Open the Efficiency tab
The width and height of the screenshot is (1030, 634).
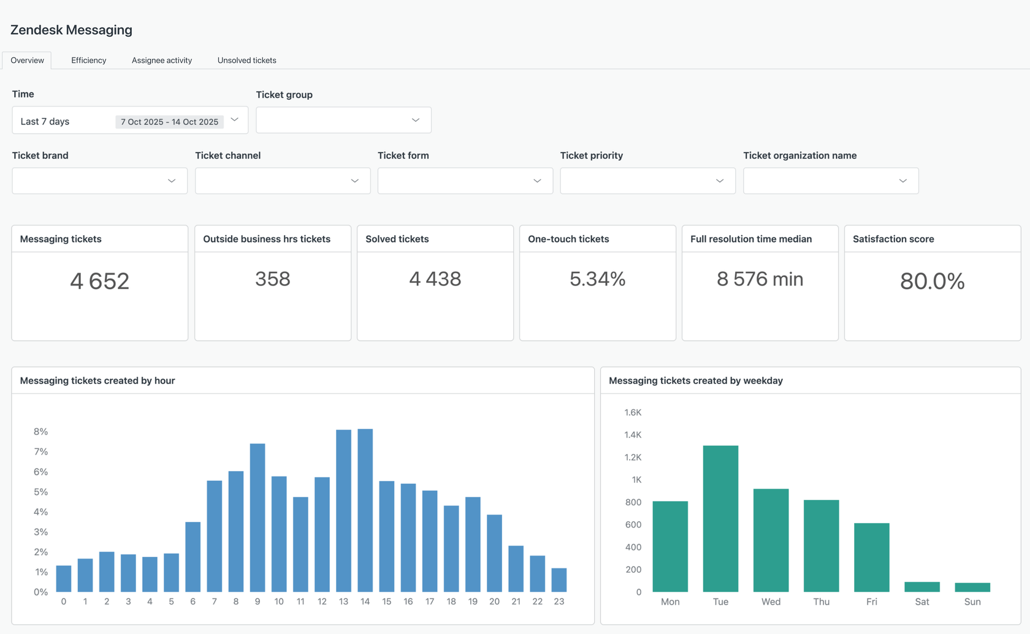pos(88,60)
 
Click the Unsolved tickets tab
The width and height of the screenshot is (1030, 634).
pos(246,60)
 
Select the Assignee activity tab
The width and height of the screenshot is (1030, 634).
pos(162,60)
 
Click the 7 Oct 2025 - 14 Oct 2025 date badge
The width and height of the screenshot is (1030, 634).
pos(169,122)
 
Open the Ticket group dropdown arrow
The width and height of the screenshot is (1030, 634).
pos(416,120)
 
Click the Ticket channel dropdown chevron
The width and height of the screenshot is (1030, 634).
pos(354,181)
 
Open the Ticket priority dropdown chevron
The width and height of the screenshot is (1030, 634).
pos(720,181)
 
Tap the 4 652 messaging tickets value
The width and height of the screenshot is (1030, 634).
pos(99,281)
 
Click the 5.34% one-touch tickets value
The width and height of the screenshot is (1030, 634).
pos(597,279)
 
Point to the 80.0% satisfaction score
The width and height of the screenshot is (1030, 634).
pos(932,281)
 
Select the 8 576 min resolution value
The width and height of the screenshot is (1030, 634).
pos(760,279)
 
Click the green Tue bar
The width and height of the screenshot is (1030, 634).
pos(720,518)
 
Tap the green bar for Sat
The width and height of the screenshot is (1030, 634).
pos(921,587)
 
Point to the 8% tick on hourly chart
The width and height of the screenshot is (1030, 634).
pos(40,432)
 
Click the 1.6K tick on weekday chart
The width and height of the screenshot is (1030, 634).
pos(633,412)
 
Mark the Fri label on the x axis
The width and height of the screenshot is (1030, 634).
pos(871,602)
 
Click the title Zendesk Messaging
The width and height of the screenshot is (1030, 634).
pos(71,30)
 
